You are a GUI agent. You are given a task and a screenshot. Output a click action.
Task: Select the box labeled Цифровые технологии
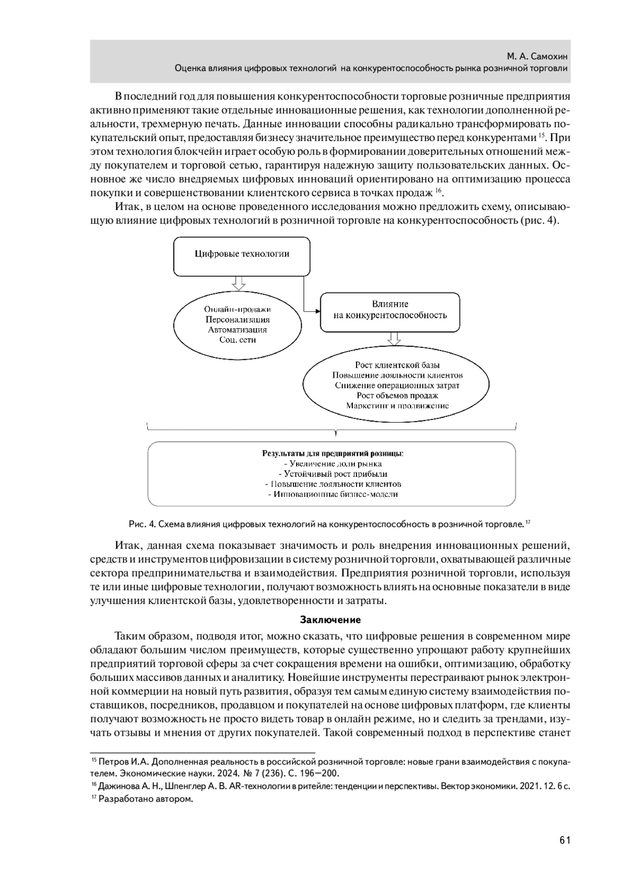242,254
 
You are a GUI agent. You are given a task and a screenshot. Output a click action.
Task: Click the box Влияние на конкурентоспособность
390,310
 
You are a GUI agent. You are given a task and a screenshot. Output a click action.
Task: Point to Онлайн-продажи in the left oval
237,309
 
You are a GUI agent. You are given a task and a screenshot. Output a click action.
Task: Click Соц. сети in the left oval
237,340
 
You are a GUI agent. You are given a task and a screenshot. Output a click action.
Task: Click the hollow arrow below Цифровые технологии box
239,283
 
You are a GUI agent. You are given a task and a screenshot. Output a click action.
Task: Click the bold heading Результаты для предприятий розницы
332,453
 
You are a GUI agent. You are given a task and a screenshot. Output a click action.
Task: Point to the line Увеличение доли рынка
332,464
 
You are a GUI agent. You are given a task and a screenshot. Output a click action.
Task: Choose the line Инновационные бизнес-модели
332,494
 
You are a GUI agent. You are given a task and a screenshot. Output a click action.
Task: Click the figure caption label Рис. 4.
142,524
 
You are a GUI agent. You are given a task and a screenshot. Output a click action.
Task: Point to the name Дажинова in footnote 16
119,787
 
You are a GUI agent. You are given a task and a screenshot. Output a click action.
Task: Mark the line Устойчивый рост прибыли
332,474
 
